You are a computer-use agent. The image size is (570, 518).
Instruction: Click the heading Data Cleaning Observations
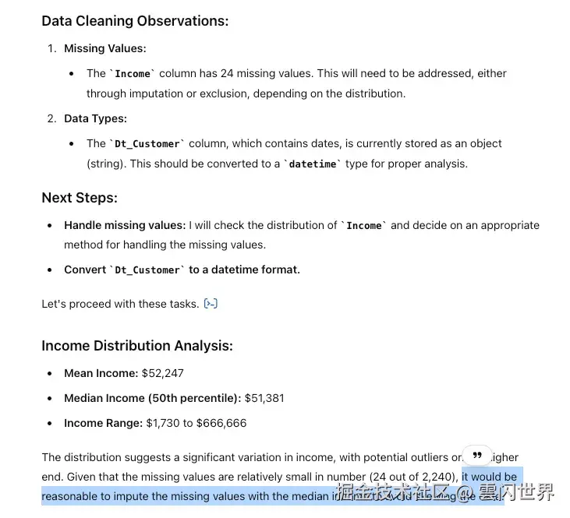point(135,21)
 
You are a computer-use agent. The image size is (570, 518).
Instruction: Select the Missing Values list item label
point(104,48)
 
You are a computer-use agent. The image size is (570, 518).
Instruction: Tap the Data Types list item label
point(95,118)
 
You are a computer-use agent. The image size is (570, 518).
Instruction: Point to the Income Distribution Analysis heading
point(137,346)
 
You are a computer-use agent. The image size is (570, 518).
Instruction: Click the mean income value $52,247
point(162,373)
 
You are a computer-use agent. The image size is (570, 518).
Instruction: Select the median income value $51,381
point(264,398)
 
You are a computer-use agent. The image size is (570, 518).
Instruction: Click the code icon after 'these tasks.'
point(211,304)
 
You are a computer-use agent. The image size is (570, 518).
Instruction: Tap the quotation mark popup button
point(477,455)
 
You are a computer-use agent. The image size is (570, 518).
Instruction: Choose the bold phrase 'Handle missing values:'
point(125,225)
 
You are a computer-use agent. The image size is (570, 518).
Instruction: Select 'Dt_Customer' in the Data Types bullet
point(147,144)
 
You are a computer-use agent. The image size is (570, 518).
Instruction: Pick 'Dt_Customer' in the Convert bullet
point(147,270)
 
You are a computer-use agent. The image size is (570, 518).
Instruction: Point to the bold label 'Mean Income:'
point(101,373)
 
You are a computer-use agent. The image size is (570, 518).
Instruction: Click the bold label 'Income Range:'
point(103,423)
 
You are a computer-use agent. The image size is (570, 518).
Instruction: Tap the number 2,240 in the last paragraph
point(436,477)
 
